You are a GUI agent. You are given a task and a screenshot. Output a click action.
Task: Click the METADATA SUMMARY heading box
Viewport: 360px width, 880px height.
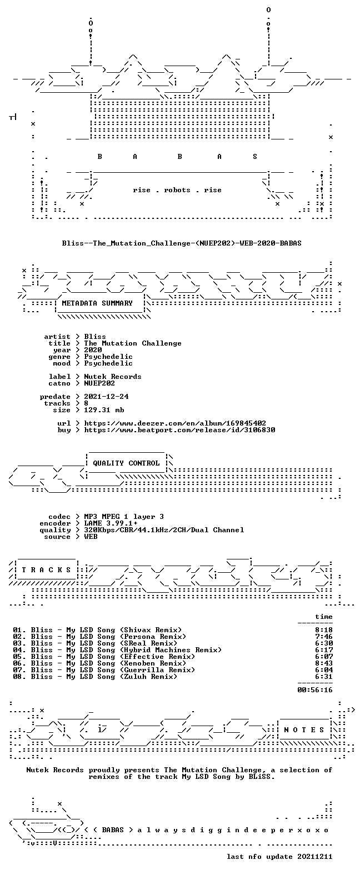[97, 303]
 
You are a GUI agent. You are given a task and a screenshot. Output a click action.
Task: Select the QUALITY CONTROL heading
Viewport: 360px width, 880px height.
[126, 463]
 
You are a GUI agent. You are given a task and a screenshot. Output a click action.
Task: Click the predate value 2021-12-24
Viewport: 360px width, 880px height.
[106, 397]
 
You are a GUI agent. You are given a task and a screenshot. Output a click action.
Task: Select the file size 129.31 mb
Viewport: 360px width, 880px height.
[104, 410]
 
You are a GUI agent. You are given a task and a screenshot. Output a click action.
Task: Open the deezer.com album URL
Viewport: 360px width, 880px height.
[175, 423]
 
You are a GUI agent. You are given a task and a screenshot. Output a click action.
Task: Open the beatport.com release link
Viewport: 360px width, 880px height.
[179, 430]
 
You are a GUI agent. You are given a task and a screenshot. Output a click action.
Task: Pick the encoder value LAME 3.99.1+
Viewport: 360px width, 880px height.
[111, 523]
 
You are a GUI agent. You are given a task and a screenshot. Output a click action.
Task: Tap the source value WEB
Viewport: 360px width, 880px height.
[91, 537]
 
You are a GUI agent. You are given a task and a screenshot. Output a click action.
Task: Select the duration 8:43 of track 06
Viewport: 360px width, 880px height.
[323, 663]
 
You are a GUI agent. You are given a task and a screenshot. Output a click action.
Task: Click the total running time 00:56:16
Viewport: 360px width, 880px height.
[315, 690]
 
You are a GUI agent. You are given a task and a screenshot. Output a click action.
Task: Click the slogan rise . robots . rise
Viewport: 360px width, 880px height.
[177, 190]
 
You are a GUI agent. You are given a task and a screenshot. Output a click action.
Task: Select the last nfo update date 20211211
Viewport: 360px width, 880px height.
[315, 857]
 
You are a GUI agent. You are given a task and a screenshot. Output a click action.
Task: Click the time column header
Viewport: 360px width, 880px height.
[323, 617]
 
